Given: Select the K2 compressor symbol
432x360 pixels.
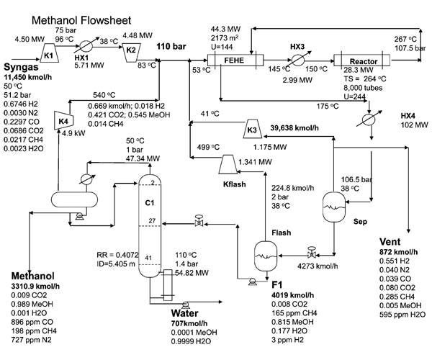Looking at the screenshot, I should (131, 52).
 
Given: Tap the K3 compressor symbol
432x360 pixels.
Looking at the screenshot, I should (252, 128).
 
